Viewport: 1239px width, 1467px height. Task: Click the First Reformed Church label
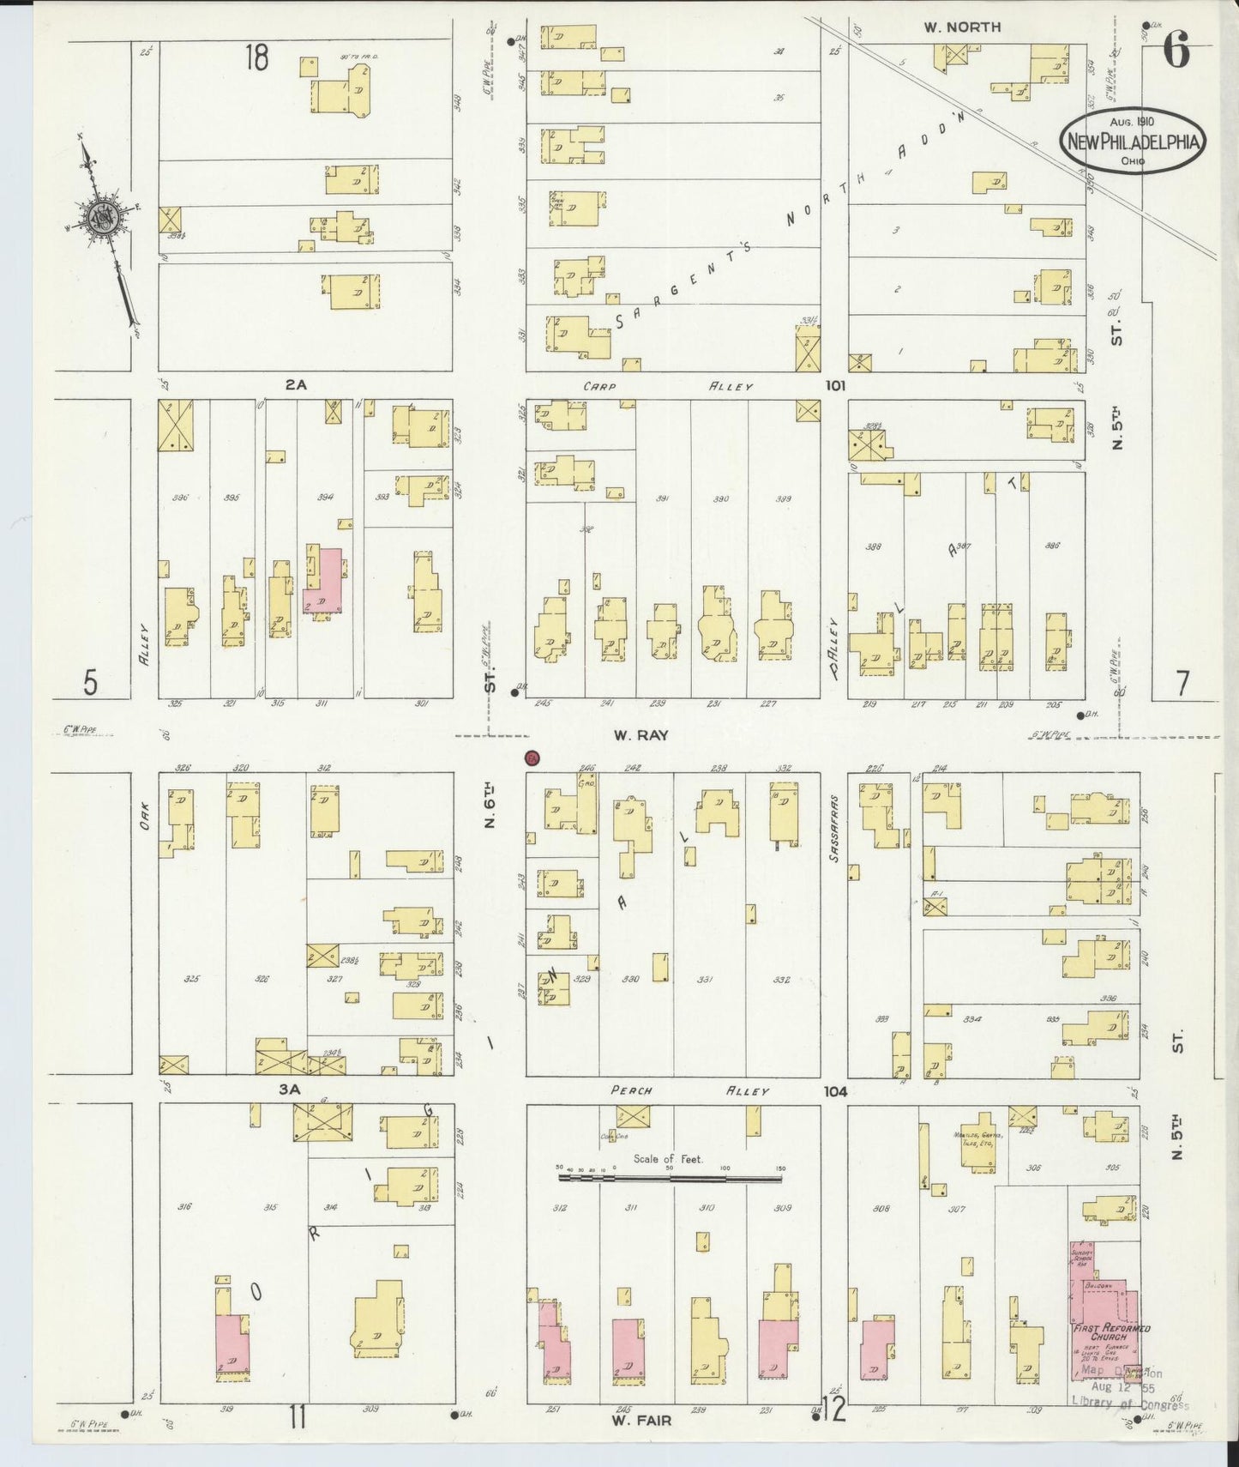pyautogui.click(x=1111, y=1331)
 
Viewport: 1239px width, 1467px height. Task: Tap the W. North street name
pyautogui.click(x=962, y=27)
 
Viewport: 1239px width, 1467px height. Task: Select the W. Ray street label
pyautogui.click(x=641, y=735)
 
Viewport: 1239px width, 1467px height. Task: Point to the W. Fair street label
pyautogui.click(x=641, y=1421)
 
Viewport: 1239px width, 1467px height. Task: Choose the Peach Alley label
pyautogui.click(x=689, y=1091)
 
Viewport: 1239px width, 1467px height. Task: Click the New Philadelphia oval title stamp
pyautogui.click(x=1133, y=143)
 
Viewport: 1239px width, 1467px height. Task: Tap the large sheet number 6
pyautogui.click(x=1176, y=53)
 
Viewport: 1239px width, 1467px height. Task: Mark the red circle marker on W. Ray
pyautogui.click(x=532, y=758)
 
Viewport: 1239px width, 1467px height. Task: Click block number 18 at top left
pyautogui.click(x=256, y=57)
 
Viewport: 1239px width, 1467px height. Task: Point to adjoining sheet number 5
pyautogui.click(x=90, y=684)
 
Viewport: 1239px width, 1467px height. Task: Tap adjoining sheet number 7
pyautogui.click(x=1183, y=684)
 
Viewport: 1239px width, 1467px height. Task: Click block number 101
pyautogui.click(x=835, y=386)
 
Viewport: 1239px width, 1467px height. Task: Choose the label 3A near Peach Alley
pyautogui.click(x=290, y=1090)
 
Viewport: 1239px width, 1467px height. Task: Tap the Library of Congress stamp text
pyautogui.click(x=1130, y=1404)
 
